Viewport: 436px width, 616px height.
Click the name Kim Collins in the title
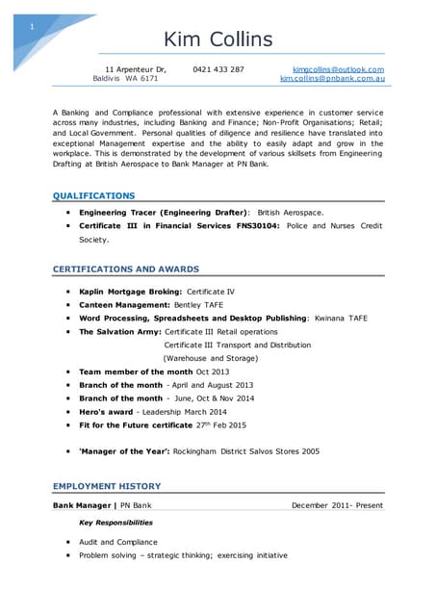tap(218, 39)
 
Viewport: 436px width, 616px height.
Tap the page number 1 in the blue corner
tap(32, 26)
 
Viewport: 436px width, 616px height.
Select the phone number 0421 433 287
tap(218, 69)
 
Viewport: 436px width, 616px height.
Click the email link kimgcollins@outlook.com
tap(338, 69)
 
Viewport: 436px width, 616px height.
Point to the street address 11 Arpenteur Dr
tap(136, 69)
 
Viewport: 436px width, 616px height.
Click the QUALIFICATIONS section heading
tap(93, 194)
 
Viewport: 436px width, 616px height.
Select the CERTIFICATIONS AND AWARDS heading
tap(126, 269)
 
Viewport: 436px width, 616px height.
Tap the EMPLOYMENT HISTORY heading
tap(107, 486)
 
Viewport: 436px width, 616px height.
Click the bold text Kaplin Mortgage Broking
tap(130, 290)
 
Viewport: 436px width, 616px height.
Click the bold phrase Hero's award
tap(106, 411)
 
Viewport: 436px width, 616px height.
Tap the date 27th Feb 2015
tap(223, 424)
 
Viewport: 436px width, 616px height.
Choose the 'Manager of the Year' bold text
tap(124, 450)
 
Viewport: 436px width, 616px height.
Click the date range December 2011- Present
tap(337, 505)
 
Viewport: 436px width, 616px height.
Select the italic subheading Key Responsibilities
tap(115, 523)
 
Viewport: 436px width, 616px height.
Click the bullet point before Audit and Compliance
tap(67, 542)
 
